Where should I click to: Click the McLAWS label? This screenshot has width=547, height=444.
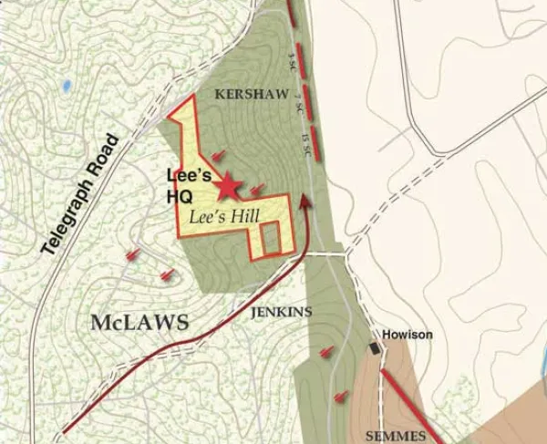point(139,322)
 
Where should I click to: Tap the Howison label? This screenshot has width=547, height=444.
point(408,335)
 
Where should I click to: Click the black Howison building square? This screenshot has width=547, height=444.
point(375,348)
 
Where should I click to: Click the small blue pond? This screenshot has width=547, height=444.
point(67,86)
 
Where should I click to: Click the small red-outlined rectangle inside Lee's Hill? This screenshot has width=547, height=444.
point(270,237)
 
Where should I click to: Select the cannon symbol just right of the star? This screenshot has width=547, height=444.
point(258,190)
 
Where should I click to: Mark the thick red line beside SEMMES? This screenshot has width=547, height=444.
point(411,405)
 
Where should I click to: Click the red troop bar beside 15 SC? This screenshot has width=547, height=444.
point(315,143)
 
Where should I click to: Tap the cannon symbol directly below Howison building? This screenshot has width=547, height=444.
point(341,396)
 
